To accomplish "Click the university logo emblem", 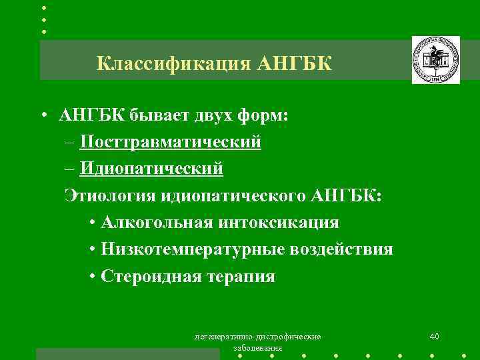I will [435, 60].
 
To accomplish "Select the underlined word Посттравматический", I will [170, 142].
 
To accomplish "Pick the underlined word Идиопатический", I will [151, 169].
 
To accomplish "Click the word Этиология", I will [110, 195].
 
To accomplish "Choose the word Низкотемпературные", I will [193, 249].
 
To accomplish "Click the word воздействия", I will [342, 249].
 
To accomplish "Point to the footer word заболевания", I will [257, 349].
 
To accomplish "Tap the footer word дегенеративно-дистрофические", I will [257, 337].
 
